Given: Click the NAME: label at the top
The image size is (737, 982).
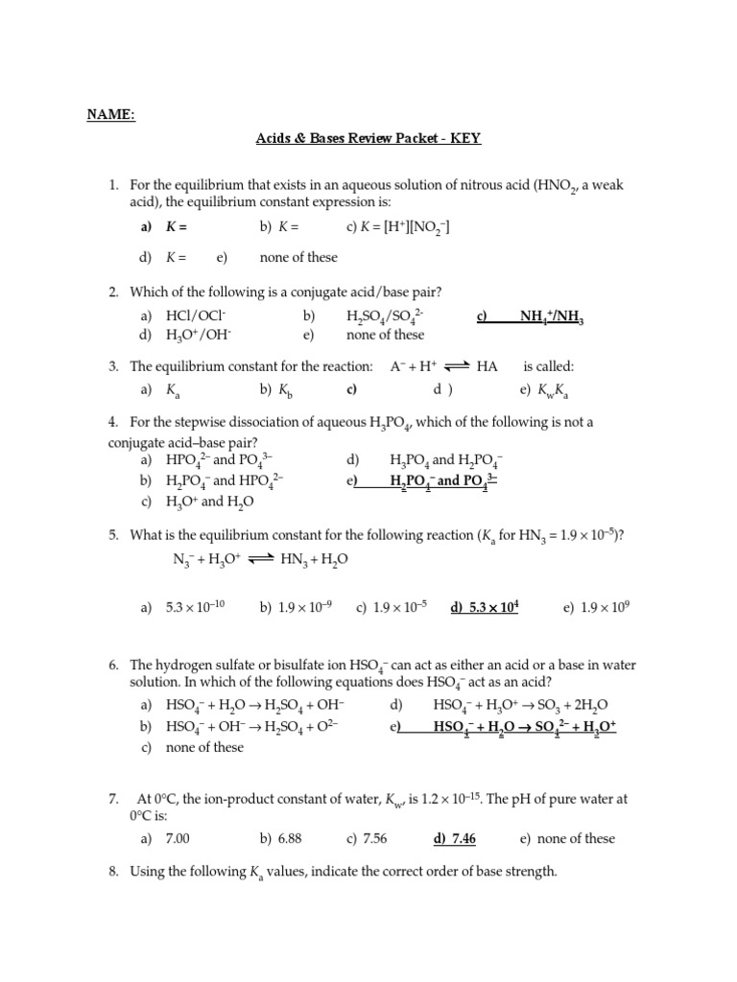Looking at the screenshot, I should coord(112,116).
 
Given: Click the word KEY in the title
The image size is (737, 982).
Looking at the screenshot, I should coord(464,138).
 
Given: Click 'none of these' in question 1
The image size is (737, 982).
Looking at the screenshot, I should coord(298,257).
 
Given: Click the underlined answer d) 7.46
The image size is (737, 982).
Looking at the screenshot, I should coord(454,838).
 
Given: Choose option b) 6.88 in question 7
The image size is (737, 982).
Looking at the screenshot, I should coord(280,838).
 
